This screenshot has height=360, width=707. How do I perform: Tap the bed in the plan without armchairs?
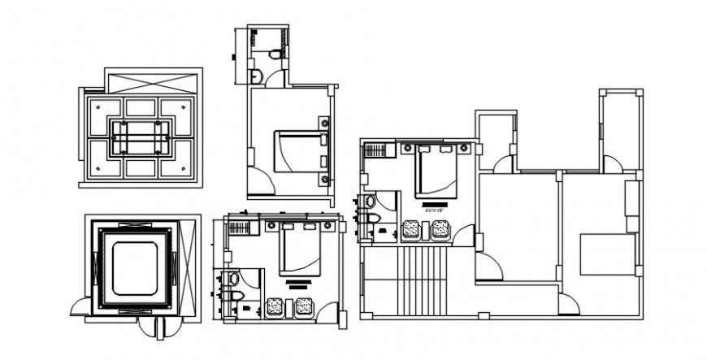(300, 152)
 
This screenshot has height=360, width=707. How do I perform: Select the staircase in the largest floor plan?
(423, 280)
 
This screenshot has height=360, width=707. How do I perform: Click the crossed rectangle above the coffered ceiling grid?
(154, 83)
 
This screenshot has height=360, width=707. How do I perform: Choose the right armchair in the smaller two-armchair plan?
(304, 308)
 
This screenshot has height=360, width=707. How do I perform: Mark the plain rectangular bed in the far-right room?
(606, 254)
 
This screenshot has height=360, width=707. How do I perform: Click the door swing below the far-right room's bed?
(568, 305)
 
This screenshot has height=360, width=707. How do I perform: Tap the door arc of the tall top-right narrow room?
(612, 164)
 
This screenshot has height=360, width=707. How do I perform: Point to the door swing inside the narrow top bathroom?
(275, 80)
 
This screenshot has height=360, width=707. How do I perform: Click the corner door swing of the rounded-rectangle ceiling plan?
(81, 306)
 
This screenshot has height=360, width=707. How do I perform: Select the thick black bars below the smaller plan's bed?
(298, 284)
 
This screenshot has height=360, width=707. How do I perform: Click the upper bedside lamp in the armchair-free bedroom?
(325, 124)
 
